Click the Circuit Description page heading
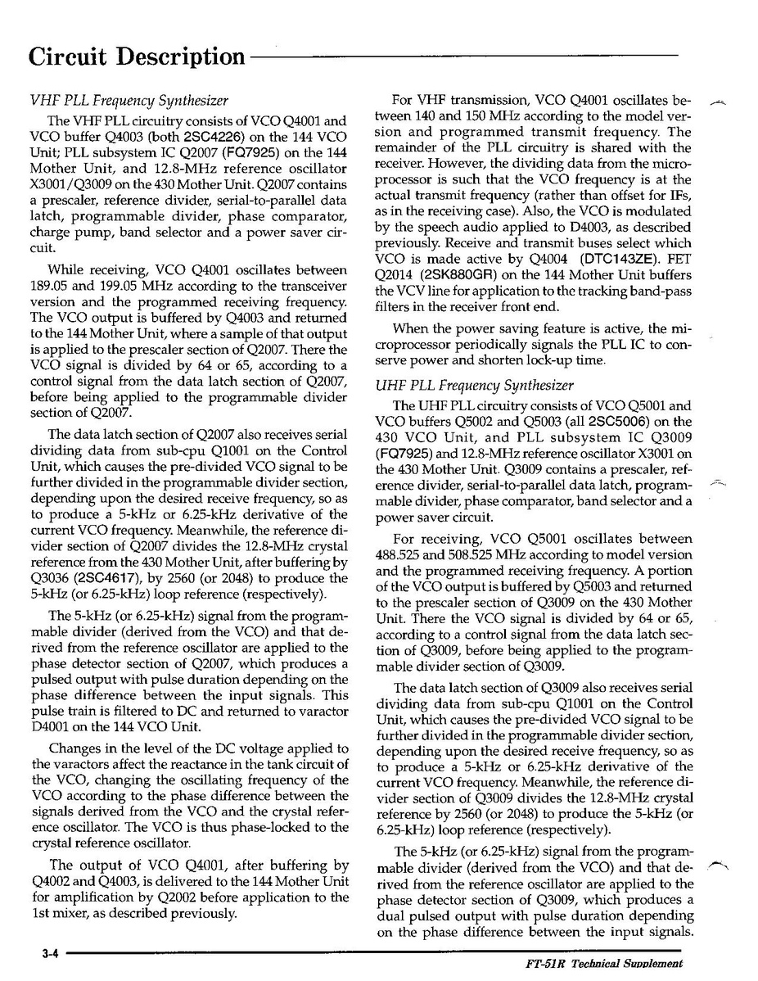(137, 57)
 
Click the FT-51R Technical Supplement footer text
(604, 965)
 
